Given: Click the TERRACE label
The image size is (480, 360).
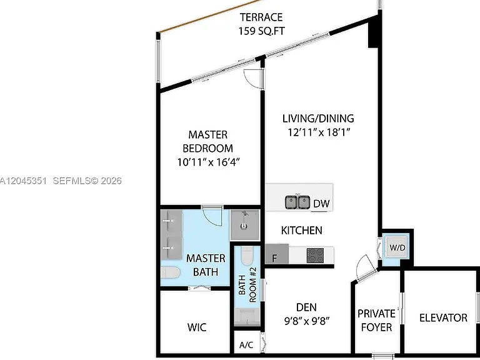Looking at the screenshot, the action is click(261, 17).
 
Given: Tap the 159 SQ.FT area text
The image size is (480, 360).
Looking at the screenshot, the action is click(261, 31).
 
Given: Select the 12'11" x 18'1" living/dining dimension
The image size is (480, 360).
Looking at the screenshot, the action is click(319, 132).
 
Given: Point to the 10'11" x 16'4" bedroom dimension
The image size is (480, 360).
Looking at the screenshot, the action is click(208, 162).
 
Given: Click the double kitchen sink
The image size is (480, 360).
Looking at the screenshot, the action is click(297, 202).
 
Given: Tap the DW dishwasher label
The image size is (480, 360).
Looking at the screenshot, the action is click(321, 204).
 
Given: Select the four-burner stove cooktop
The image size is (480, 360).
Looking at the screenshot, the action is click(315, 255).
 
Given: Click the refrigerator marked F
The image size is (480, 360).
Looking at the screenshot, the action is click(277, 254).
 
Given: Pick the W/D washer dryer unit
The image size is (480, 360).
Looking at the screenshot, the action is click(397, 247).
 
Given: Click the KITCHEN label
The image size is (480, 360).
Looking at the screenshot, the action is click(301, 230).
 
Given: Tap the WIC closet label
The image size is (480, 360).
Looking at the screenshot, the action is click(197, 327).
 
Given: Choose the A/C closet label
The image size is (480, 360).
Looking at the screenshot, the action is click(246, 345).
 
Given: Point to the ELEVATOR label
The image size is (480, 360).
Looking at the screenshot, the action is click(443, 317).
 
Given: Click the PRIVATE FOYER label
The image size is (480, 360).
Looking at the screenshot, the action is click(376, 321).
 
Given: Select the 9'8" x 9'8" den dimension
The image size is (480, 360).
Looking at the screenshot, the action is click(307, 321).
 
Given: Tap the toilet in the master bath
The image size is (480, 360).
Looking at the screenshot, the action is click(170, 272).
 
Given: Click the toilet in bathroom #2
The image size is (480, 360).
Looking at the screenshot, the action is click(247, 256).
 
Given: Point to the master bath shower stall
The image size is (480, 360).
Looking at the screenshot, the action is click(245, 225).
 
